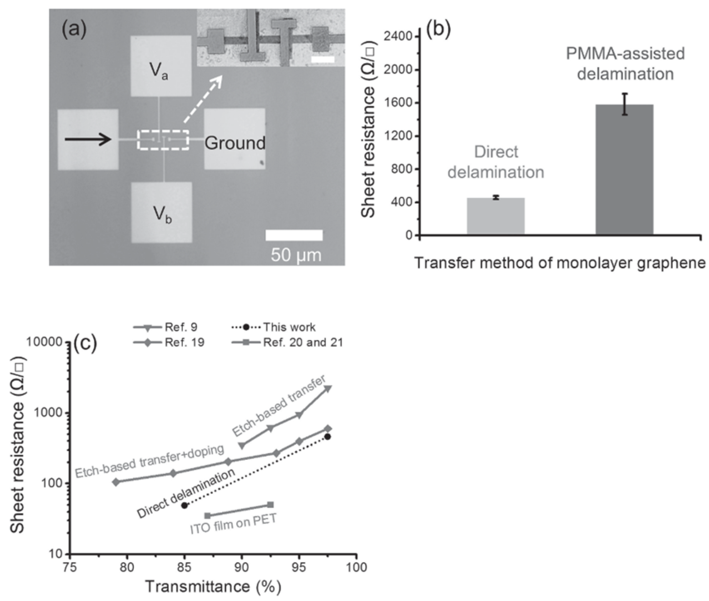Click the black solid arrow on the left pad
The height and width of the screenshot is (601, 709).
pyautogui.click(x=88, y=139)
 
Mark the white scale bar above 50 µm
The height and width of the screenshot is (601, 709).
pyautogui.click(x=294, y=235)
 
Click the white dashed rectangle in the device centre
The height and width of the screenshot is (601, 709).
pyautogui.click(x=163, y=140)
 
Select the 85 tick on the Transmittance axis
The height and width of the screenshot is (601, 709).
pyautogui.click(x=184, y=568)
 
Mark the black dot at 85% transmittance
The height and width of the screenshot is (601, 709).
pyautogui.click(x=184, y=506)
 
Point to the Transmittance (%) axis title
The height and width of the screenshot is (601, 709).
pyautogui.click(x=213, y=587)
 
